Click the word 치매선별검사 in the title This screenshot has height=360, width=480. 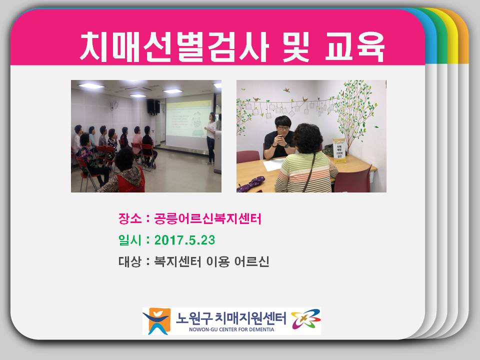174,46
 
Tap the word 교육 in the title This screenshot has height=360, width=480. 354,46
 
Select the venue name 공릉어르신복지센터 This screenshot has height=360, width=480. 207,218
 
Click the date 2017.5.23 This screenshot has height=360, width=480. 184,240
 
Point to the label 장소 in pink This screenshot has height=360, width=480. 130,218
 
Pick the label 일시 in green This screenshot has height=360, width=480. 130,240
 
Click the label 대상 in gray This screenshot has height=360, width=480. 130,261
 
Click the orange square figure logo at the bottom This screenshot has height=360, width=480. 156,321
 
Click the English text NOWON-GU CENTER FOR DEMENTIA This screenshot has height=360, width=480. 231,329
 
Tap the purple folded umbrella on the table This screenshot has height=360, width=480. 250,184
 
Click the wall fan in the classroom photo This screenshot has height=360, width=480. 115,104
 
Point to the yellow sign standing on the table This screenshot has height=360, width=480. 339,149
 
